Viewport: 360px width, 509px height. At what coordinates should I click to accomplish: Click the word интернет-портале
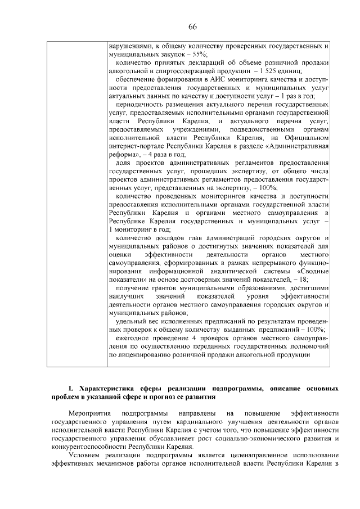pos(135,146)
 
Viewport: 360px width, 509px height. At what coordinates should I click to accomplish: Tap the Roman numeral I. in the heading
pos(70,389)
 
